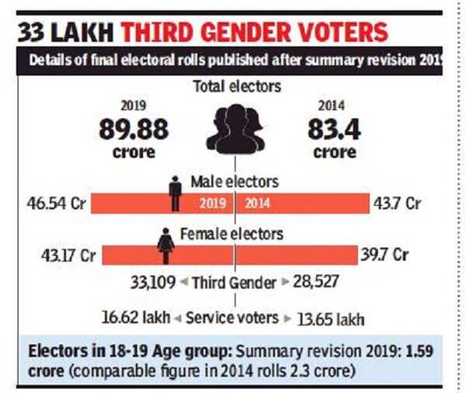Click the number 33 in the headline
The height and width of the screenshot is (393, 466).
pyautogui.click(x=35, y=32)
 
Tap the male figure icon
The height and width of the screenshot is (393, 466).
pyautogui.click(x=176, y=193)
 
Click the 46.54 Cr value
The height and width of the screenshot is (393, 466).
pyautogui.click(x=57, y=203)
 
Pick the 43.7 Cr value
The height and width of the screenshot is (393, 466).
pyautogui.click(x=398, y=203)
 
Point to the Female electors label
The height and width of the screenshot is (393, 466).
pyautogui.click(x=232, y=233)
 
